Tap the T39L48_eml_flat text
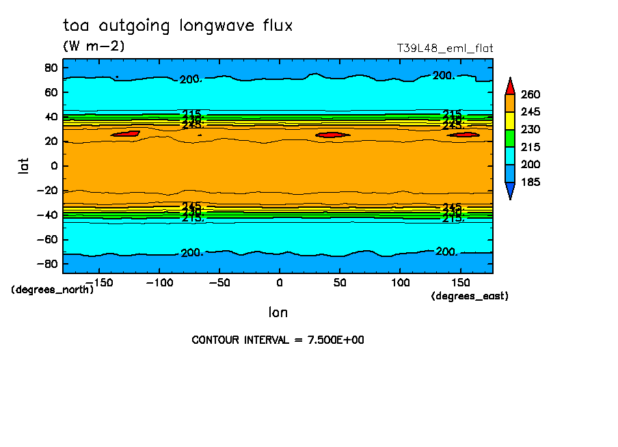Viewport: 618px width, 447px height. point(445,49)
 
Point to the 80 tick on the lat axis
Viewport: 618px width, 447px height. point(50,67)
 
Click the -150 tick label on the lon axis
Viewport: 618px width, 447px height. point(98,282)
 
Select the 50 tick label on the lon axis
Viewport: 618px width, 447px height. point(340,282)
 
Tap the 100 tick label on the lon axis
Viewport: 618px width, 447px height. point(400,282)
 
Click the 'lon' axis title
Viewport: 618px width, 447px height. point(278,312)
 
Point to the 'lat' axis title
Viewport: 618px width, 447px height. point(24,165)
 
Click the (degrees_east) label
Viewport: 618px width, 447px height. point(470,296)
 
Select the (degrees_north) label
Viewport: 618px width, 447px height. point(53,289)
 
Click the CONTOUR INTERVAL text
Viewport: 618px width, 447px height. point(278,340)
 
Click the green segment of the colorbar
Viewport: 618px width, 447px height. point(510,138)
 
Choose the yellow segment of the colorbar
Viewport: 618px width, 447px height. point(510,120)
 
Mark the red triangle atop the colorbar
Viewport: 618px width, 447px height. point(510,86)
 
